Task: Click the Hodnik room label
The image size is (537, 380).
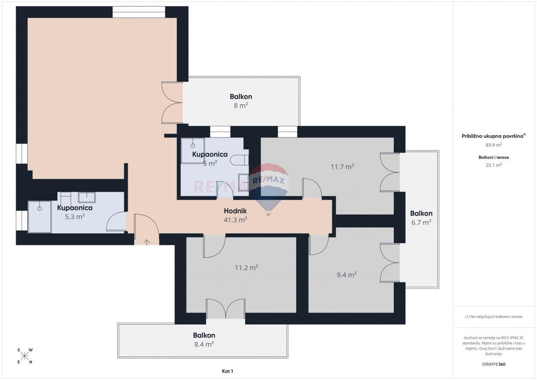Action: click(235, 211)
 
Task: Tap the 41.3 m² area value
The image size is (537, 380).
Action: click(235, 220)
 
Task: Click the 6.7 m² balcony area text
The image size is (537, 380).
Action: click(421, 222)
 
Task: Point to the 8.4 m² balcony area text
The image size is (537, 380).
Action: click(204, 344)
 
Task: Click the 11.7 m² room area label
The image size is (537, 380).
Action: click(342, 167)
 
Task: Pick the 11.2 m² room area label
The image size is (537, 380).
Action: click(247, 268)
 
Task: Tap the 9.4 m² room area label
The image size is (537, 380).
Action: click(346, 275)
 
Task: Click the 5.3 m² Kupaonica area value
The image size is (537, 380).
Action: click(75, 217)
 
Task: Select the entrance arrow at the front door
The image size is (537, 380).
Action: click(146, 242)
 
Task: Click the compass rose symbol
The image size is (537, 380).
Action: click(25, 356)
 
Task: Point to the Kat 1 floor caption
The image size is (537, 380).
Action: click(227, 371)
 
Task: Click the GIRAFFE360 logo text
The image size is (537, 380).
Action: click(494, 364)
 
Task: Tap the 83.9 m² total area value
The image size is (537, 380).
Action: click(494, 145)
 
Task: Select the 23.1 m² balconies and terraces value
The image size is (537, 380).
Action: click(494, 165)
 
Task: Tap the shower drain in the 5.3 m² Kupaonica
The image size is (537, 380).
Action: click(39, 209)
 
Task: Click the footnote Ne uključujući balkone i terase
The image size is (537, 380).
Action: click(494, 316)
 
